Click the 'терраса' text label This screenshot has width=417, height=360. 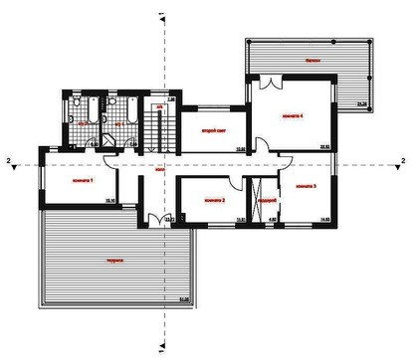[x=115, y=261]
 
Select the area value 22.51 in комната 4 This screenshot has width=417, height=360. [x=323, y=147]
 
